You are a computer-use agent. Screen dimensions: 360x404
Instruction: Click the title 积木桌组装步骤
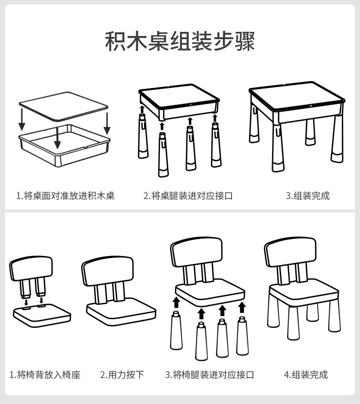(x=180, y=41)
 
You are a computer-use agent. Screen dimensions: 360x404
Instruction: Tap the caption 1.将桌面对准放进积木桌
(x=66, y=196)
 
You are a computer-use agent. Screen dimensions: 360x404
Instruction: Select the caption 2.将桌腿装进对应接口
(x=188, y=196)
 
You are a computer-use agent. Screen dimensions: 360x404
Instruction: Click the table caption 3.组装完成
(x=308, y=196)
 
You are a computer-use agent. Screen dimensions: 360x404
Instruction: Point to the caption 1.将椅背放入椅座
(x=45, y=375)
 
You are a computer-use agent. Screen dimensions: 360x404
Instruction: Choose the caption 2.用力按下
(x=122, y=375)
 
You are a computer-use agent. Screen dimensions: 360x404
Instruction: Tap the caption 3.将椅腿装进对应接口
(x=210, y=375)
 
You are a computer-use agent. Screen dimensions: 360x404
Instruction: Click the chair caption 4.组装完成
(x=306, y=375)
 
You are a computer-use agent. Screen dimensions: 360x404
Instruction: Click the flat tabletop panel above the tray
(x=63, y=106)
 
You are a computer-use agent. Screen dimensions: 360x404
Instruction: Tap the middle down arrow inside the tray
(x=57, y=138)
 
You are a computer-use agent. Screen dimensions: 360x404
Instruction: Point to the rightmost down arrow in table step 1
(x=107, y=124)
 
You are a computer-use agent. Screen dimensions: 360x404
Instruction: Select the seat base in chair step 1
(x=42, y=315)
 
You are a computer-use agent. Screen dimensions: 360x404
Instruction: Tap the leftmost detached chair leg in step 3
(x=176, y=330)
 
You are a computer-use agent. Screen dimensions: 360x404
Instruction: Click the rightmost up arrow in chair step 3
(x=242, y=307)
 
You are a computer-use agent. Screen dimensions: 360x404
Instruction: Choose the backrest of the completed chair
(x=290, y=252)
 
